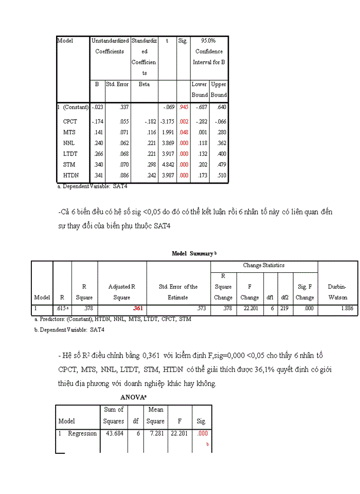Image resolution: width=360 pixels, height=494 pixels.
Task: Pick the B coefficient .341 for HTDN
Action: (97, 175)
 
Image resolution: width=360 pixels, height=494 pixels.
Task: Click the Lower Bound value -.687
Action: (200, 108)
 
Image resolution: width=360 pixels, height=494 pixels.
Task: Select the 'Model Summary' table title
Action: (192, 254)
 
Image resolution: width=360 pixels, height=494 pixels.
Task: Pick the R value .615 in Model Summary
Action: (62, 309)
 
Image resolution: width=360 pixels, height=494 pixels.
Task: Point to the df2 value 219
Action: (284, 309)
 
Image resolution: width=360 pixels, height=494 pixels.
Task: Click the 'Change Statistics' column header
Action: (264, 266)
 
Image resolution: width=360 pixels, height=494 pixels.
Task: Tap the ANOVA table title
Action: (133, 397)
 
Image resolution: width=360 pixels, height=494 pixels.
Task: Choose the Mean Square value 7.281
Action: (156, 434)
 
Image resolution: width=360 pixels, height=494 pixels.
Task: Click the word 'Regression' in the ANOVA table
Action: (82, 434)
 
